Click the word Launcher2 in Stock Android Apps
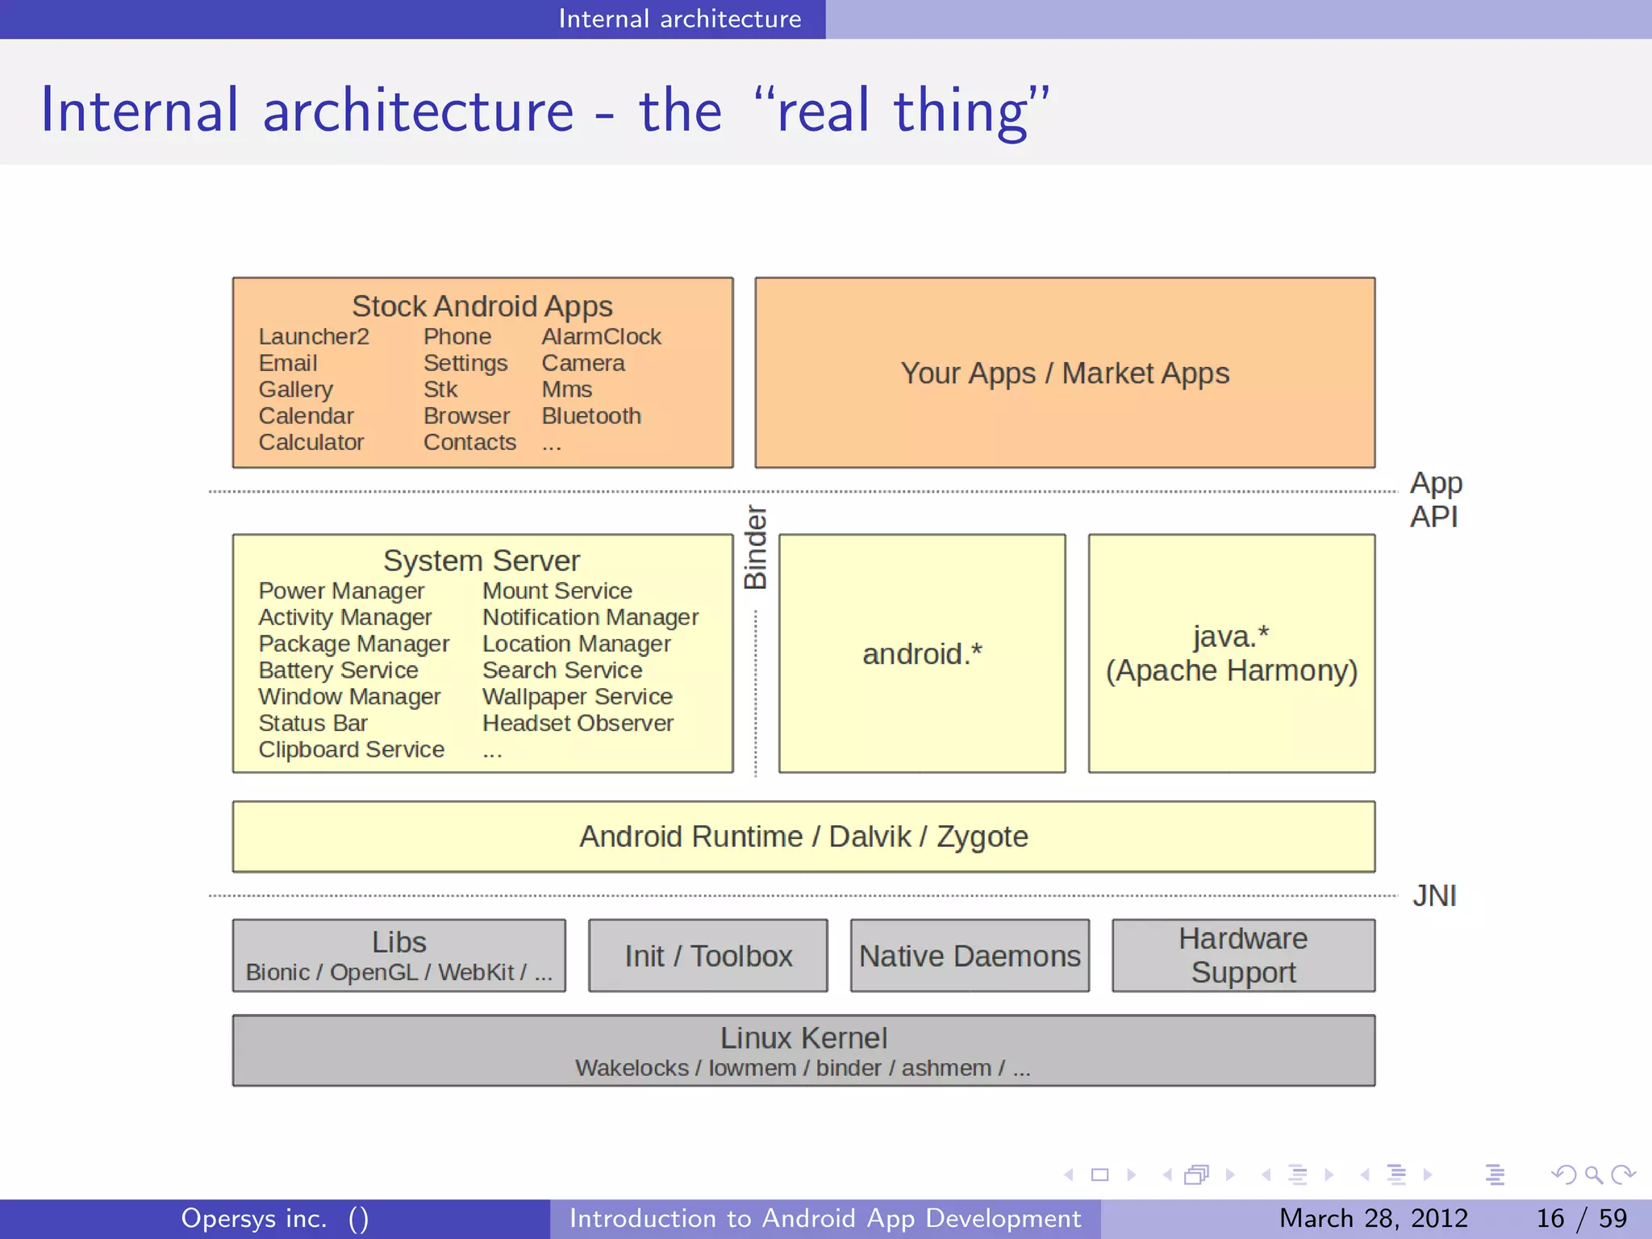pyautogui.click(x=314, y=336)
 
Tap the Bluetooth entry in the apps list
pyautogui.click(x=591, y=415)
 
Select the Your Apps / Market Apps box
pyautogui.click(x=1065, y=373)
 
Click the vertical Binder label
pyautogui.click(x=755, y=547)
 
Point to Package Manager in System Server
pyautogui.click(x=353, y=644)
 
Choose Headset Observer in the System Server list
pyautogui.click(x=578, y=723)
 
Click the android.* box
pyautogui.click(x=922, y=653)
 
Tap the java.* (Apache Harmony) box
pyautogui.click(x=1232, y=653)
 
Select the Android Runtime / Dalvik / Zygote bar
pyautogui.click(x=803, y=836)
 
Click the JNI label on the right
pyautogui.click(x=1434, y=895)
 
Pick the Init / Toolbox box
pyautogui.click(x=708, y=956)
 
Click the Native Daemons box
pyautogui.click(x=970, y=956)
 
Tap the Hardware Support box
pyautogui.click(x=1243, y=956)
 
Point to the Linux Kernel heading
pyautogui.click(x=803, y=1037)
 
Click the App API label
pyautogui.click(x=1435, y=499)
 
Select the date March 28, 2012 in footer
pyautogui.click(x=1373, y=1218)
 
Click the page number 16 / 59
pyautogui.click(x=1581, y=1218)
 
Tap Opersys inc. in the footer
pyautogui.click(x=254, y=1218)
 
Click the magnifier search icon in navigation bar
pyautogui.click(x=1593, y=1175)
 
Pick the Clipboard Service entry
pyautogui.click(x=351, y=749)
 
